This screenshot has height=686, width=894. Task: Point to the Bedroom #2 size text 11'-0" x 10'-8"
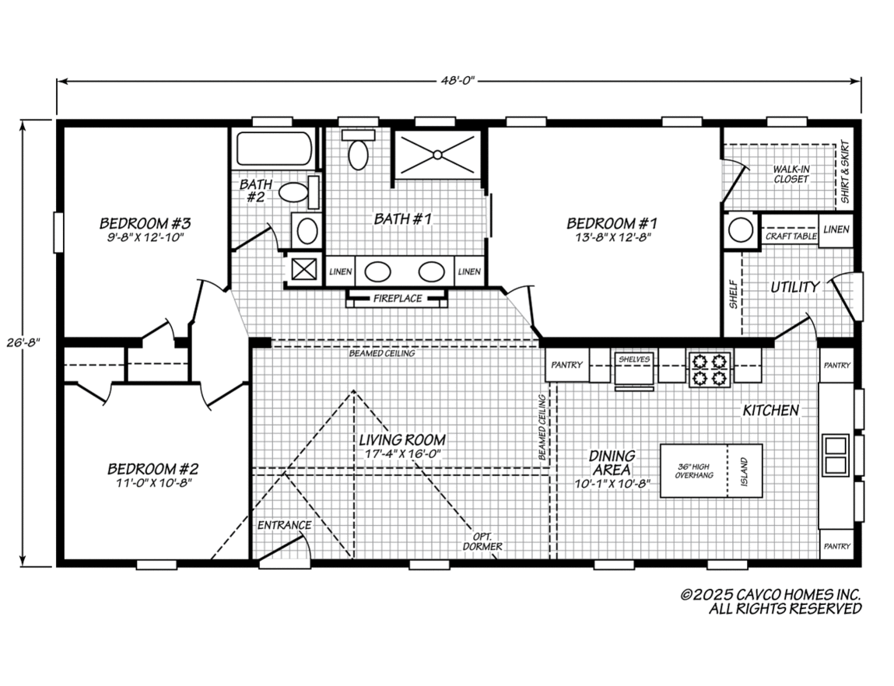point(153,482)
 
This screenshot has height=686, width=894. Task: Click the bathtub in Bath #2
point(273,149)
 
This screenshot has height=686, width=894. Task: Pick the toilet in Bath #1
point(358,151)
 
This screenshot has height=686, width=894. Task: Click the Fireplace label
point(397,298)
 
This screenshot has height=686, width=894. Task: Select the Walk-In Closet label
point(791,174)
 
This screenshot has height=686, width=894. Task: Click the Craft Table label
point(791,236)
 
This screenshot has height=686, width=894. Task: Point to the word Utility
point(794,287)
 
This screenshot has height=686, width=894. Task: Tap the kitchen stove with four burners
point(710,368)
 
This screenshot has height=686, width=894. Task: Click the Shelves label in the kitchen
point(634,359)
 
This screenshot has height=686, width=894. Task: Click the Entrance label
point(285,525)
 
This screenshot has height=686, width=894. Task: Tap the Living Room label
point(402,440)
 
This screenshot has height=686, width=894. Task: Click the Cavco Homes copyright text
point(771,601)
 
